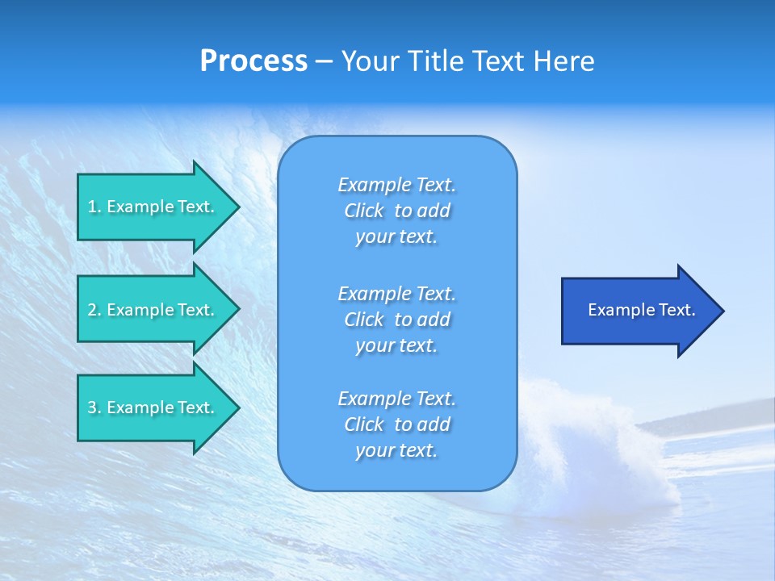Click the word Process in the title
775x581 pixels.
pyautogui.click(x=253, y=61)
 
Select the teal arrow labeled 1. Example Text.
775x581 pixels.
pyautogui.click(x=153, y=207)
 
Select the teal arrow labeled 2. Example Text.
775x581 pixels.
pyautogui.click(x=153, y=310)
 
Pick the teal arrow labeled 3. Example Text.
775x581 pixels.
pyautogui.click(x=153, y=408)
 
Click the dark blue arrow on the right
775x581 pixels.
pyautogui.click(x=638, y=311)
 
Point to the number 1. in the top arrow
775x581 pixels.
pyautogui.click(x=94, y=207)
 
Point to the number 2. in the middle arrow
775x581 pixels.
pyautogui.click(x=94, y=310)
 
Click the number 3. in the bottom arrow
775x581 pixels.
pyautogui.click(x=94, y=408)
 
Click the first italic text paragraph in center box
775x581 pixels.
pyautogui.click(x=396, y=211)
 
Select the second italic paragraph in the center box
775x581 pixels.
pyautogui.click(x=396, y=320)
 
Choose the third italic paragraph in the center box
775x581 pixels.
pyautogui.click(x=396, y=424)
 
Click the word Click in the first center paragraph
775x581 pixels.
pyautogui.click(x=363, y=211)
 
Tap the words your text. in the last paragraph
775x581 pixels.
pyautogui.click(x=396, y=450)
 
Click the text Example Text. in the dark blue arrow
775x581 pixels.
pyautogui.click(x=642, y=310)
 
